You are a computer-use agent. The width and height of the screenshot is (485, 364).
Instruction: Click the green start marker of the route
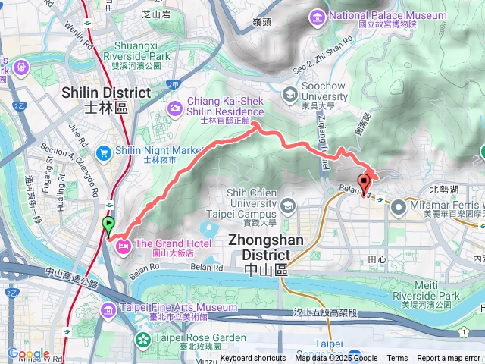(108, 225)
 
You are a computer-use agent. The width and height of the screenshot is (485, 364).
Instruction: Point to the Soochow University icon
(289, 94)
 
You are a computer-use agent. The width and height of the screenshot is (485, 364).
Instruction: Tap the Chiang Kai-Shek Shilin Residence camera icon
(175, 108)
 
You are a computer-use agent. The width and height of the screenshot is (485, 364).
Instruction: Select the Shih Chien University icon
(288, 206)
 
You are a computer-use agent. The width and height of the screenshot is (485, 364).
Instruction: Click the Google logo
(28, 353)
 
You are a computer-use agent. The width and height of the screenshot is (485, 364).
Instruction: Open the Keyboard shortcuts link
(253, 359)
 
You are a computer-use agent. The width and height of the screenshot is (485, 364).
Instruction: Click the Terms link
(397, 359)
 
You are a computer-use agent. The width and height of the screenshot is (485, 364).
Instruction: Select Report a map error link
(449, 359)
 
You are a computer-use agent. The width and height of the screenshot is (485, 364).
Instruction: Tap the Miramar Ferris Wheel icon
(399, 205)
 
